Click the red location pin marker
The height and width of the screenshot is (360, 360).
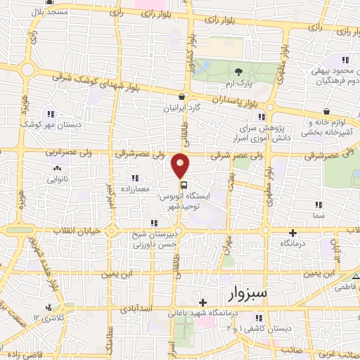tap(181, 165)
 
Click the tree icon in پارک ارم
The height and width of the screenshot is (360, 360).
tap(239, 72)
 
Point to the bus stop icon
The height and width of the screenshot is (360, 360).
tap(184, 186)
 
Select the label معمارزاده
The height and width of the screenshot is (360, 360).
tap(136, 188)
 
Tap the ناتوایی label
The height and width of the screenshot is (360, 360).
tap(56, 180)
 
